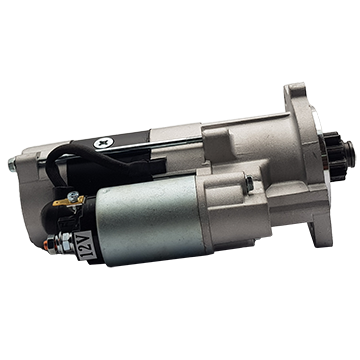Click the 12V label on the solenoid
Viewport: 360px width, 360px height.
(87, 246)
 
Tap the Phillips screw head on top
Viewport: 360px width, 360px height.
(103, 143)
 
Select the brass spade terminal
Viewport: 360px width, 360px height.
(68, 201)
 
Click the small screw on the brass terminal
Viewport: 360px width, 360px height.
(73, 196)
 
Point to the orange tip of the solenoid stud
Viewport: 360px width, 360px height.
(46, 245)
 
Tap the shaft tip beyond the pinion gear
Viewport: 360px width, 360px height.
(349, 152)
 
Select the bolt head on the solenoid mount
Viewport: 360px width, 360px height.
(249, 184)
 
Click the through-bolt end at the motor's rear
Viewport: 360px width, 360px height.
(12, 164)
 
